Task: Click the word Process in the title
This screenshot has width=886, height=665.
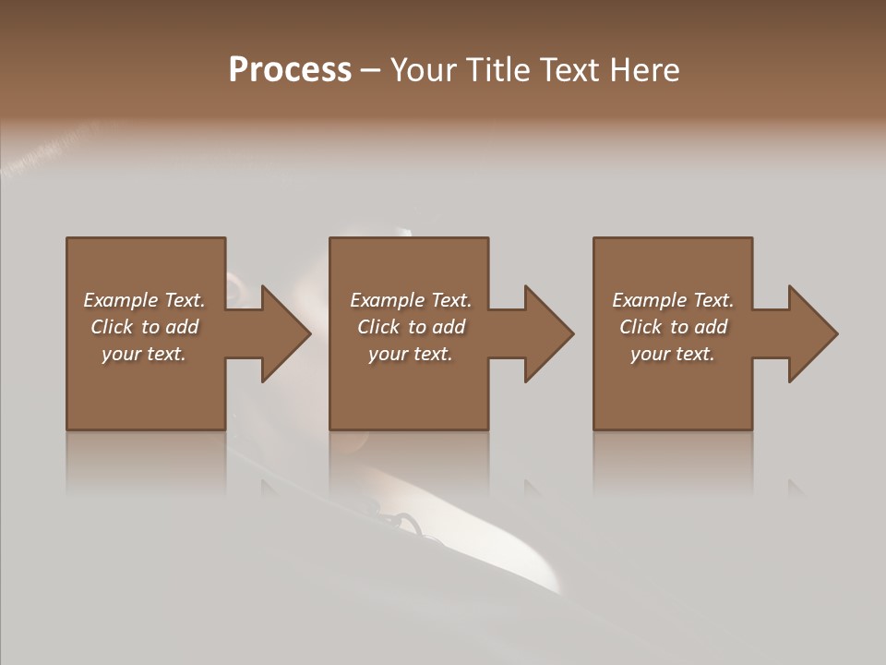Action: pos(290,70)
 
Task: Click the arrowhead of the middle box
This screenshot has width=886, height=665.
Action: pos(548,333)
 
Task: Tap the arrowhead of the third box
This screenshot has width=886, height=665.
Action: pos(812,333)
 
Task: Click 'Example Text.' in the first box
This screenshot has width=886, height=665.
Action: pos(144,300)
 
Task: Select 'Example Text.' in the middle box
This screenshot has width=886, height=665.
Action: pos(411,300)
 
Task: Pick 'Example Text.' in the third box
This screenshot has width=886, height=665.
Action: pos(673,300)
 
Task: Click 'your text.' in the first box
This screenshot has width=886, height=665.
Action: pos(144,354)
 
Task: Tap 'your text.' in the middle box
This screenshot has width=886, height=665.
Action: pos(411,354)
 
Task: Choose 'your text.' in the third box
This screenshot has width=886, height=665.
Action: pos(673,354)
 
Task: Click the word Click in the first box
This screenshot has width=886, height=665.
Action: pos(112,327)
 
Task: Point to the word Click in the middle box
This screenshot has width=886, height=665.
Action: pos(378,327)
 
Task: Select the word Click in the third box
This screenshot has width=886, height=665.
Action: pos(641,327)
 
